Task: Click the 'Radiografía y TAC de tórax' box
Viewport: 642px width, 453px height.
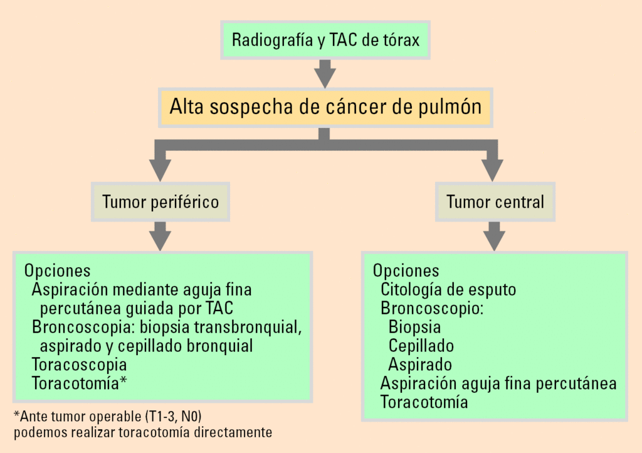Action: point(325,41)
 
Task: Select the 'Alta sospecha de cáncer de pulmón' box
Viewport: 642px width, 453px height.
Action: point(325,107)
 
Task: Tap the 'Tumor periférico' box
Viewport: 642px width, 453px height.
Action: point(160,201)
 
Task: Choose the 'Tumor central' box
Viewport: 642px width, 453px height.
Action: point(495,201)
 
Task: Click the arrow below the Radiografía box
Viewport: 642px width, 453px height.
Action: point(325,73)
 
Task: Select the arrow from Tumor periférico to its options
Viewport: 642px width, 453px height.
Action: point(161,237)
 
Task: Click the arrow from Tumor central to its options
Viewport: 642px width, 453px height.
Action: point(495,237)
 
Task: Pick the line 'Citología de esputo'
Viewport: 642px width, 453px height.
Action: point(448,290)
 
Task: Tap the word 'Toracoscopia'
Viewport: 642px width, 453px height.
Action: point(79,365)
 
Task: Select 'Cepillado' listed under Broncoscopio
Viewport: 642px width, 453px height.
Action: point(421,346)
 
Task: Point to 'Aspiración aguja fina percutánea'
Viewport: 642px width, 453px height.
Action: point(498,383)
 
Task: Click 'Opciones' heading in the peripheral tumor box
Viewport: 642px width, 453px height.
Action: point(57,271)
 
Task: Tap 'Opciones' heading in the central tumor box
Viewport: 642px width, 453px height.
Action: point(406,271)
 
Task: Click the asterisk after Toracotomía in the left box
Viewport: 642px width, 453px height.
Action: point(123,381)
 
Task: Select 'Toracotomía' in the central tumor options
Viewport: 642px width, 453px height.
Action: point(424,402)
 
